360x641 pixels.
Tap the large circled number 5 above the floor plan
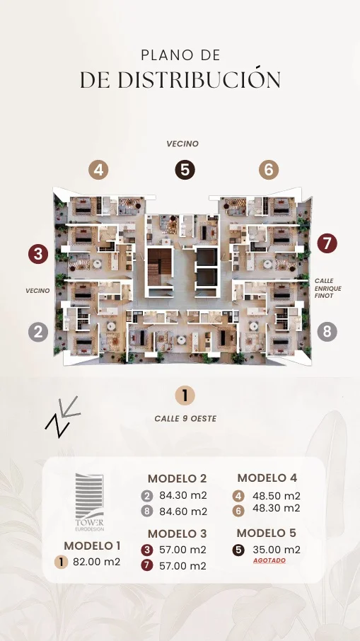[x=185, y=170]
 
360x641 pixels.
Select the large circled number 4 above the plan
[x=98, y=170]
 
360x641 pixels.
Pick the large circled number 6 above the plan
[x=269, y=170]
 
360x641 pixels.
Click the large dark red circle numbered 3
[x=38, y=254]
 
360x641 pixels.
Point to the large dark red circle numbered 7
[x=327, y=243]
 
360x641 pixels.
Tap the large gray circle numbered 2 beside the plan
[x=38, y=332]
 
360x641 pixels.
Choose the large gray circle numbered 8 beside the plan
[x=327, y=332]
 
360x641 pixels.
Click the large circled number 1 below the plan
[x=185, y=395]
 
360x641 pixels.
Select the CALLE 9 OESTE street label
[x=185, y=419]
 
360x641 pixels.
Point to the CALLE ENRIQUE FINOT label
[x=327, y=288]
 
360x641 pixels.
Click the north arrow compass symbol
[x=62, y=417]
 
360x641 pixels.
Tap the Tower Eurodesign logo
[x=90, y=502]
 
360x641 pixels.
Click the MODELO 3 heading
[x=178, y=533]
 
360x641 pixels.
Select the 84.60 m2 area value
[x=183, y=512]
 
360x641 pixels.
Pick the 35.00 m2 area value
[x=277, y=550]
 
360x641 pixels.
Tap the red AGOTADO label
[x=269, y=560]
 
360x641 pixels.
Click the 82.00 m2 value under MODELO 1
[x=96, y=562]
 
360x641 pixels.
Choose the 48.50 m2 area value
[x=277, y=496]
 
